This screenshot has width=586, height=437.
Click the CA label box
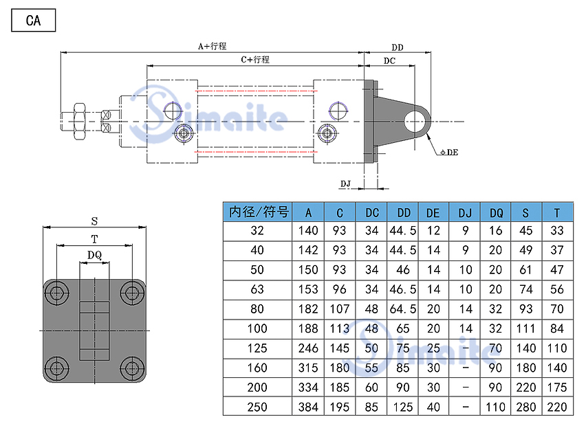(x=33, y=21)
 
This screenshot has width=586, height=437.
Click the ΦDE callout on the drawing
(x=448, y=152)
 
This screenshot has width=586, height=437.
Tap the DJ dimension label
(x=346, y=183)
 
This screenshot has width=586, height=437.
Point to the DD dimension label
(x=398, y=47)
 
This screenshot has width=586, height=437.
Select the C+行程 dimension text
(x=255, y=60)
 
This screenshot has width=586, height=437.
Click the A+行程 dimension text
(x=212, y=46)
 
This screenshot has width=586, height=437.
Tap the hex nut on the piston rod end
(x=78, y=122)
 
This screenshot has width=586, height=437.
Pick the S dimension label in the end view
(x=94, y=221)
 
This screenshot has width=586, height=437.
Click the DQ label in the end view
(x=94, y=255)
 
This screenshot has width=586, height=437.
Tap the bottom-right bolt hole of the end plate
(x=131, y=366)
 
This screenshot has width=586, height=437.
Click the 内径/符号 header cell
(x=259, y=212)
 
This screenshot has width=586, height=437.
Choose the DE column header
(x=433, y=212)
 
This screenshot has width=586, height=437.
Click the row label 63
(x=259, y=290)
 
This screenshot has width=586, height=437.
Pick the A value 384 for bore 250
(x=309, y=407)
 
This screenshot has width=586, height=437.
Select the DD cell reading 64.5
(x=403, y=309)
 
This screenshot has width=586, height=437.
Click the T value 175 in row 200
(x=557, y=388)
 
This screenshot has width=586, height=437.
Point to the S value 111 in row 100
(x=525, y=329)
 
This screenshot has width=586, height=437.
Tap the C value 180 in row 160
(x=340, y=368)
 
